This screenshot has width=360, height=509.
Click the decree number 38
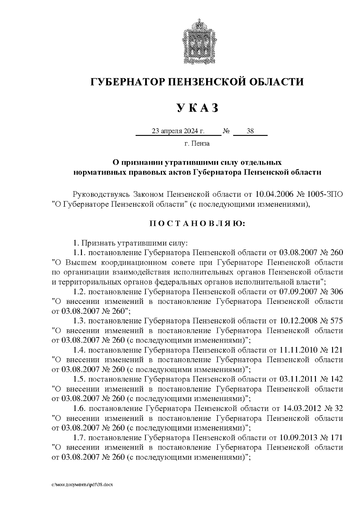[x=250, y=131]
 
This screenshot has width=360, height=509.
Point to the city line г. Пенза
[x=197, y=143]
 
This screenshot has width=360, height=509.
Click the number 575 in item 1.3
[x=337, y=320]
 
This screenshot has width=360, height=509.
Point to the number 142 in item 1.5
[x=337, y=379]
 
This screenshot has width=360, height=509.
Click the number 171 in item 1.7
[x=337, y=437]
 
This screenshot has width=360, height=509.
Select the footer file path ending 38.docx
[x=82, y=485]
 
